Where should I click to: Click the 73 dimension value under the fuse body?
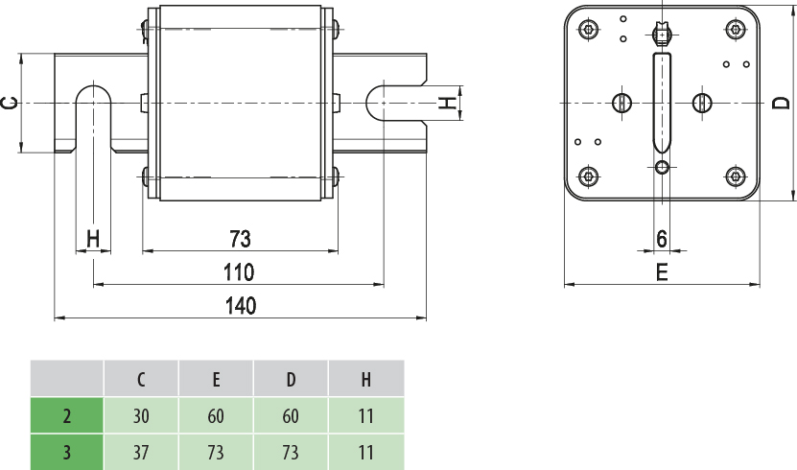tap(240, 238)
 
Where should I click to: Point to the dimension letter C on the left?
tap(9, 102)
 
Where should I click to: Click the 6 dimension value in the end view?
tap(662, 237)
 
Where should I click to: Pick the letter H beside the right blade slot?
tap(447, 102)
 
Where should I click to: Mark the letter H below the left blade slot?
tap(93, 237)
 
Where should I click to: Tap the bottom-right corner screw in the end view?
tap(736, 176)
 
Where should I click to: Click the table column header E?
tap(217, 379)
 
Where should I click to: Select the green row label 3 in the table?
tap(67, 452)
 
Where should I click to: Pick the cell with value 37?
tap(141, 452)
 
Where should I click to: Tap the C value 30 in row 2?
tap(141, 416)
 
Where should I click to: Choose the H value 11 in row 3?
tap(365, 452)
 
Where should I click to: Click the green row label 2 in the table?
tap(67, 416)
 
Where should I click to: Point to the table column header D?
tap(291, 379)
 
